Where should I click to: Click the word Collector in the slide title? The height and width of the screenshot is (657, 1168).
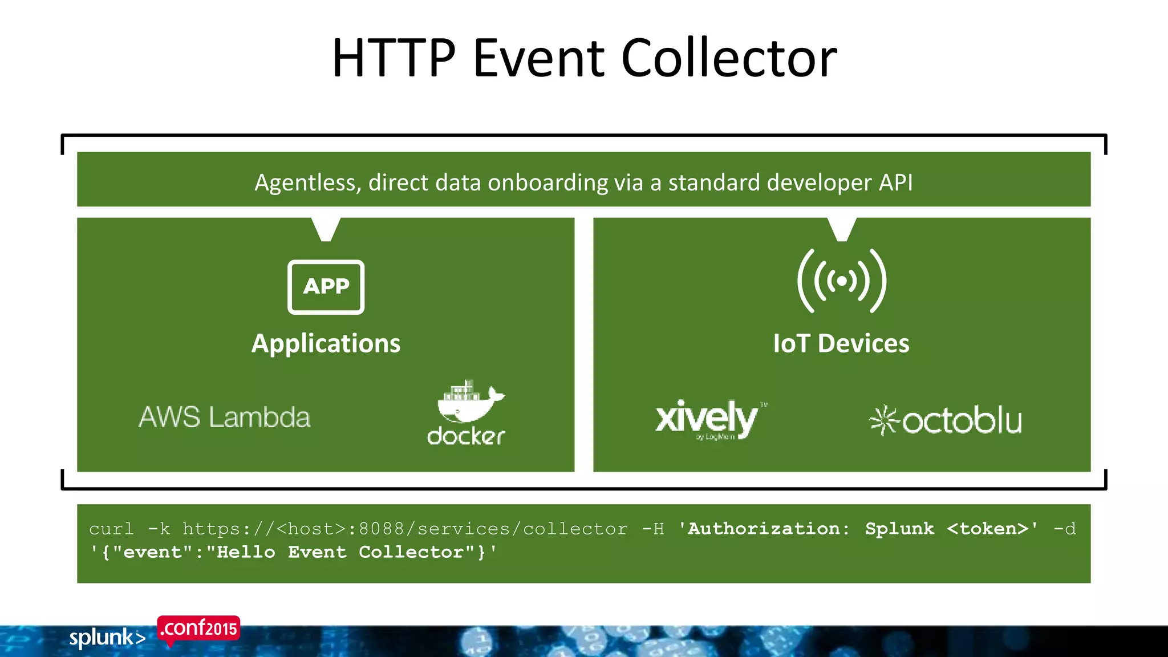pos(728,58)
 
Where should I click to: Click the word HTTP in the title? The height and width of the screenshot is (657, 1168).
pos(394,58)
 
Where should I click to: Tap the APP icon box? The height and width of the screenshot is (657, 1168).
pos(326,287)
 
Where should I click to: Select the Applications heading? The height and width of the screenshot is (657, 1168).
pos(326,344)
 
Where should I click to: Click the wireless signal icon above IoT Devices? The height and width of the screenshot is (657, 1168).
pos(842,281)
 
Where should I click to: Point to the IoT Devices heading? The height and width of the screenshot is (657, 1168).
pos(841,344)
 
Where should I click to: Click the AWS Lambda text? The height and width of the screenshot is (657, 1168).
pos(225,417)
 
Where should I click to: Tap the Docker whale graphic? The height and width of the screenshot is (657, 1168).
pos(468,401)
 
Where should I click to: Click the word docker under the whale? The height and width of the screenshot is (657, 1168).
pos(466,436)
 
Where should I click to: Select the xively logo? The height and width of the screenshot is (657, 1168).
pos(707,418)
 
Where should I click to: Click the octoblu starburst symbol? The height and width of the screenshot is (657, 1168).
pos(883,421)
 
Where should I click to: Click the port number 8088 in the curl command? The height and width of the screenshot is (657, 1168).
pos(381,529)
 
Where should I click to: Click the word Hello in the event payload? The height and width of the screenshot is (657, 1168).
pos(246,552)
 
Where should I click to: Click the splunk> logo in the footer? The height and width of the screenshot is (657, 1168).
pos(107,638)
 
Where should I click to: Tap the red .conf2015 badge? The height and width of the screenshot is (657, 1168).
pos(198,629)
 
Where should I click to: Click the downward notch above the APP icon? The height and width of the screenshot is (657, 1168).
pos(326,229)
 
